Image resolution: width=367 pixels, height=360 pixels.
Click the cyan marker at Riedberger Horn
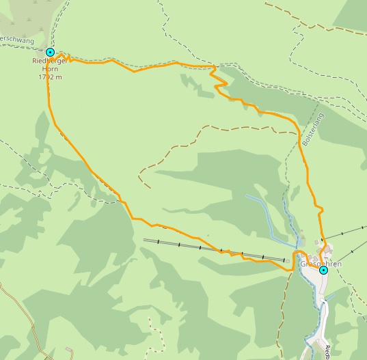point(50,52)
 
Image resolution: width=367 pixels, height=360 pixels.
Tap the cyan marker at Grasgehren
point(323,270)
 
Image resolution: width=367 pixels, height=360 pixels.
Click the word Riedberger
point(50,62)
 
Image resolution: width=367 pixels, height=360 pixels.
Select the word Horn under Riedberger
point(50,70)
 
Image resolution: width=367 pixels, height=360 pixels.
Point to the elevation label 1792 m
point(50,77)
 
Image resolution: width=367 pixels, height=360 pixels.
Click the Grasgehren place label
point(321,263)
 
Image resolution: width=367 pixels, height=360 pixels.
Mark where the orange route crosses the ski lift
point(226,251)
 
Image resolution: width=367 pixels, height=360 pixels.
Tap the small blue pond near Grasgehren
point(298,243)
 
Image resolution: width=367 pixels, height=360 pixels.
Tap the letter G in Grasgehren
point(303,263)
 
